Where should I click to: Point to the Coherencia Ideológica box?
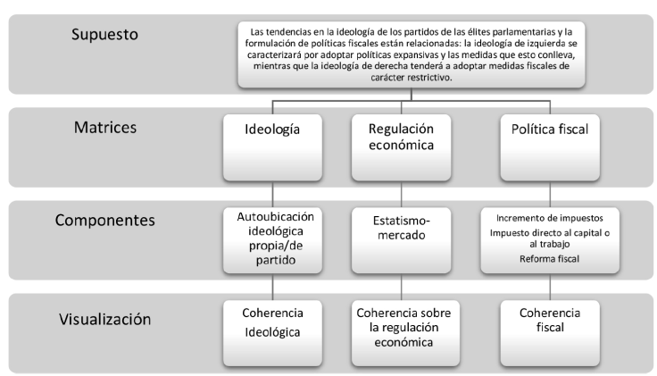pos(272,332)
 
